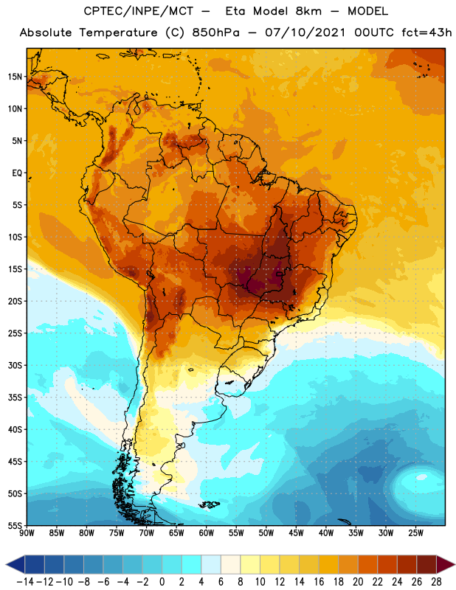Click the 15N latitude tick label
15,77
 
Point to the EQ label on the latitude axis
17,173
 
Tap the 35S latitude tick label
15,398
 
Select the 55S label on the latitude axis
15,526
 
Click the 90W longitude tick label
27,533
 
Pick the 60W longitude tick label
207,533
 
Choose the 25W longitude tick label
415,533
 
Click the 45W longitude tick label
296,533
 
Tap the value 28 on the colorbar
436,582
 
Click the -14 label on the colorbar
25,582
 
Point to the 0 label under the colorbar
162,582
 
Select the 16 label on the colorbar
319,582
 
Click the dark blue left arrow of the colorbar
15,564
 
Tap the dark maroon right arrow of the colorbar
446,564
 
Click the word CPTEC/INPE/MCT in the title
139,11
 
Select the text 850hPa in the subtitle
215,32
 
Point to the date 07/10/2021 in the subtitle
305,32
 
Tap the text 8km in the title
308,11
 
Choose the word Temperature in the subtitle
118,33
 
